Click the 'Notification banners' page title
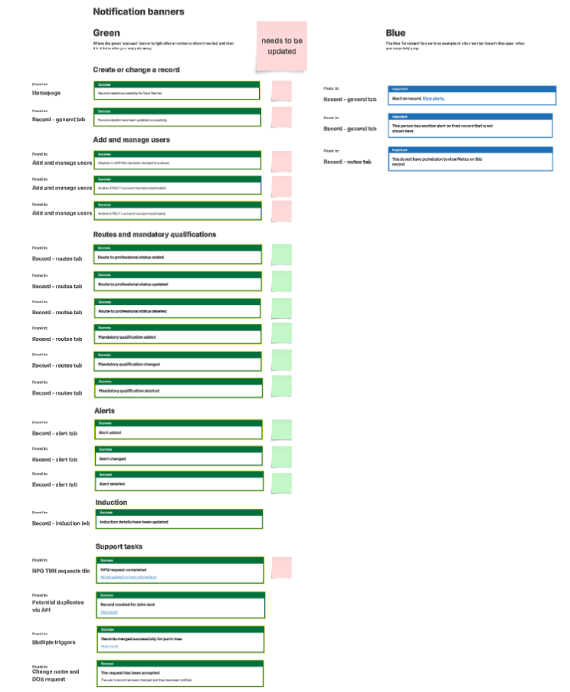click(138, 11)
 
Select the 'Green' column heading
click(106, 33)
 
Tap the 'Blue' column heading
click(395, 33)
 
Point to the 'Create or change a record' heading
click(136, 70)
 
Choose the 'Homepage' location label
click(46, 93)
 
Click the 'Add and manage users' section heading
click(131, 139)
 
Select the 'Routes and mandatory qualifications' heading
click(154, 234)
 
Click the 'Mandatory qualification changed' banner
click(178, 364)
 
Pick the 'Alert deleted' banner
click(178, 484)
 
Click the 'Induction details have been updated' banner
click(179, 521)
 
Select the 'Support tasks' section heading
click(119, 546)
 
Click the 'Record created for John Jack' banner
click(180, 605)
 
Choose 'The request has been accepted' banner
click(180, 674)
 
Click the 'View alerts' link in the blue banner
click(433, 99)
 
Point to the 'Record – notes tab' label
click(348, 162)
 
